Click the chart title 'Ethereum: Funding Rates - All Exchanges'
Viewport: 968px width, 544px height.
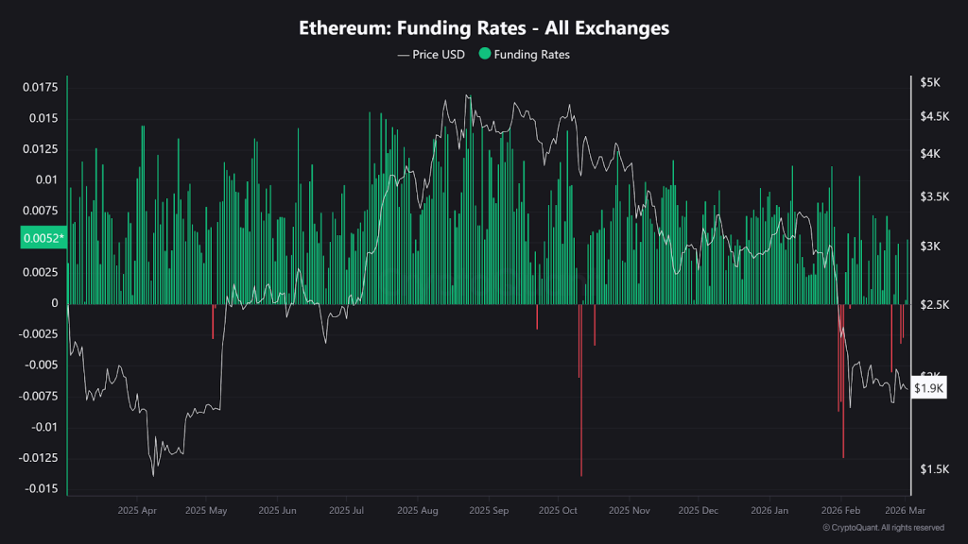[484, 28]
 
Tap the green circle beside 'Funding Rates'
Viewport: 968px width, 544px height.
[486, 55]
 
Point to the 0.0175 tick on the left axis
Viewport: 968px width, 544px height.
[39, 88]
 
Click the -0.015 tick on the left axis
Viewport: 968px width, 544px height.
[39, 488]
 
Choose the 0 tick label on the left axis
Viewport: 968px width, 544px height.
[54, 303]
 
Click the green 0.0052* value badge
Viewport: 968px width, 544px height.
[43, 238]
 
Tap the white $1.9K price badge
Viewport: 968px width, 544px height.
[929, 388]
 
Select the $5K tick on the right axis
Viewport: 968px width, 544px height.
[930, 83]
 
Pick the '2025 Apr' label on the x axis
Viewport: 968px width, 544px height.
[137, 510]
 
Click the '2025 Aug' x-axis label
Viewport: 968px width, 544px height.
[417, 510]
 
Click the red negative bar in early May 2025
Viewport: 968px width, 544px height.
[213, 321]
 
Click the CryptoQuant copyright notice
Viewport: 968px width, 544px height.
[883, 527]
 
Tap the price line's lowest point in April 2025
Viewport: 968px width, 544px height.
[153, 475]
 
